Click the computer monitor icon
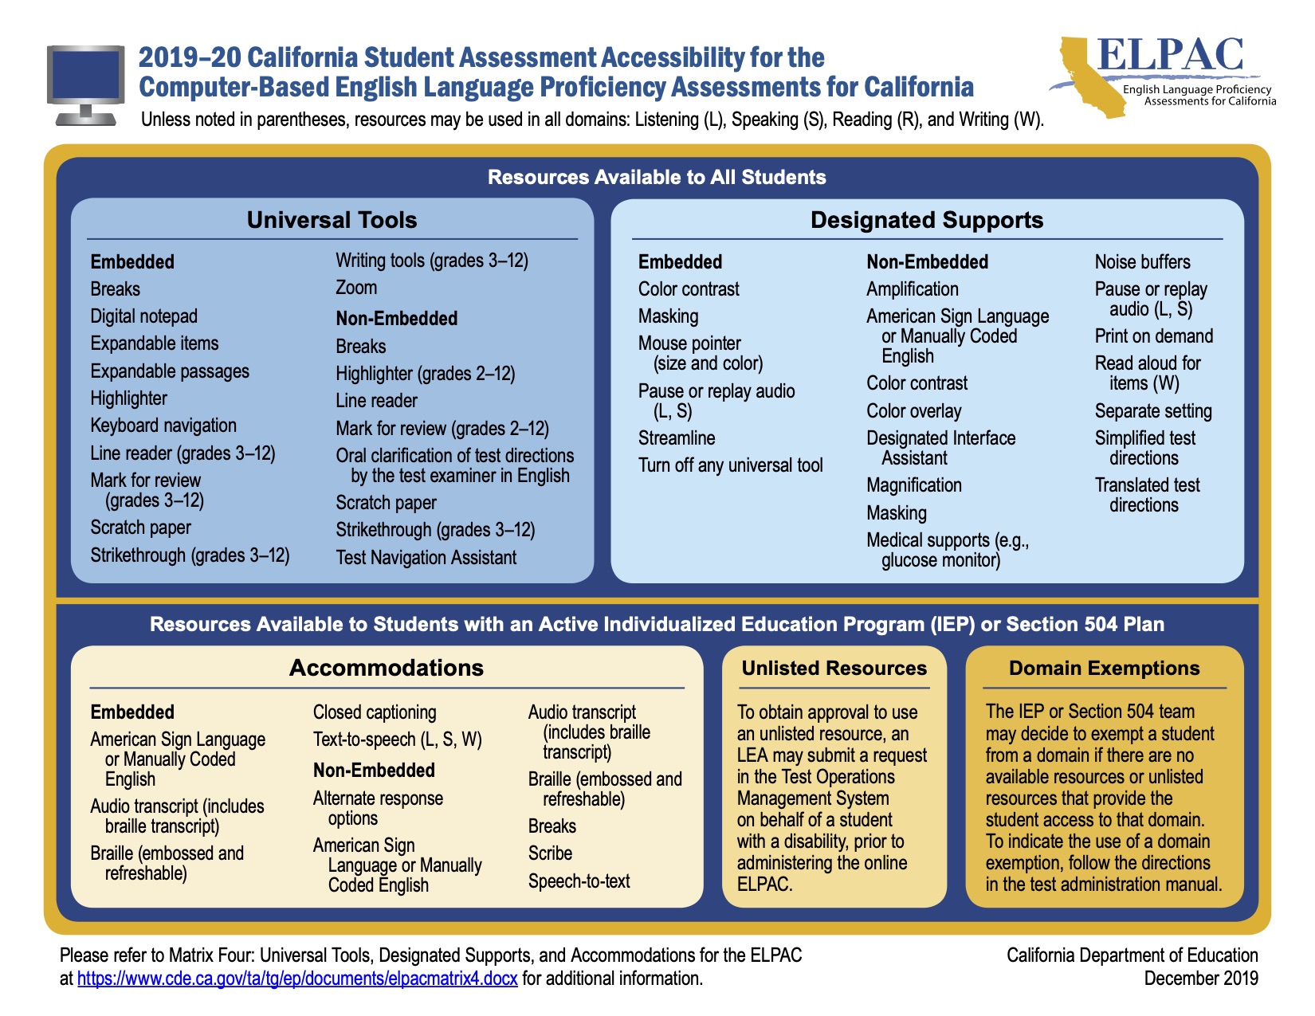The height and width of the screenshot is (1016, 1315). [x=86, y=84]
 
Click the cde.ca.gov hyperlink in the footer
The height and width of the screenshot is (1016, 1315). [x=297, y=979]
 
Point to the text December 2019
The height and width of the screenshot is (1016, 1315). [x=1200, y=979]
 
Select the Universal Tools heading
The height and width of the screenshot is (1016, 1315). [x=332, y=220]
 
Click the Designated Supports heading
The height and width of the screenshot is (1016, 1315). [x=927, y=220]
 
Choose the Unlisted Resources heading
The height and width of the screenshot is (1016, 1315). [x=834, y=668]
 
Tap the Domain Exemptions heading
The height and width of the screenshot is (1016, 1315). [x=1104, y=668]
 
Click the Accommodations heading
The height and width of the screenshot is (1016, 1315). [x=386, y=668]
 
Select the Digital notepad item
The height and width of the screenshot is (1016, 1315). [x=144, y=316]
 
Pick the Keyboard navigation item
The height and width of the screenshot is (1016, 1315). [x=163, y=426]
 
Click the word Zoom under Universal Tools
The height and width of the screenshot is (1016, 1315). [x=356, y=288]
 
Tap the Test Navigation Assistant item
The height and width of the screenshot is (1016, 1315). [x=426, y=557]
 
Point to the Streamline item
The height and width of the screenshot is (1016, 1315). [x=677, y=437]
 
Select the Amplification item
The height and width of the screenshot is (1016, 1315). [x=912, y=289]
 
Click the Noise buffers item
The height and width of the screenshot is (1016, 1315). [x=1142, y=261]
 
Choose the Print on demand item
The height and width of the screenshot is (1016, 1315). [x=1153, y=335]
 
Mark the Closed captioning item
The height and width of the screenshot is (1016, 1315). [x=375, y=712]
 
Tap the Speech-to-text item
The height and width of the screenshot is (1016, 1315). [x=579, y=881]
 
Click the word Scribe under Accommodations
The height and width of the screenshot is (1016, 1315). [x=550, y=853]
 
